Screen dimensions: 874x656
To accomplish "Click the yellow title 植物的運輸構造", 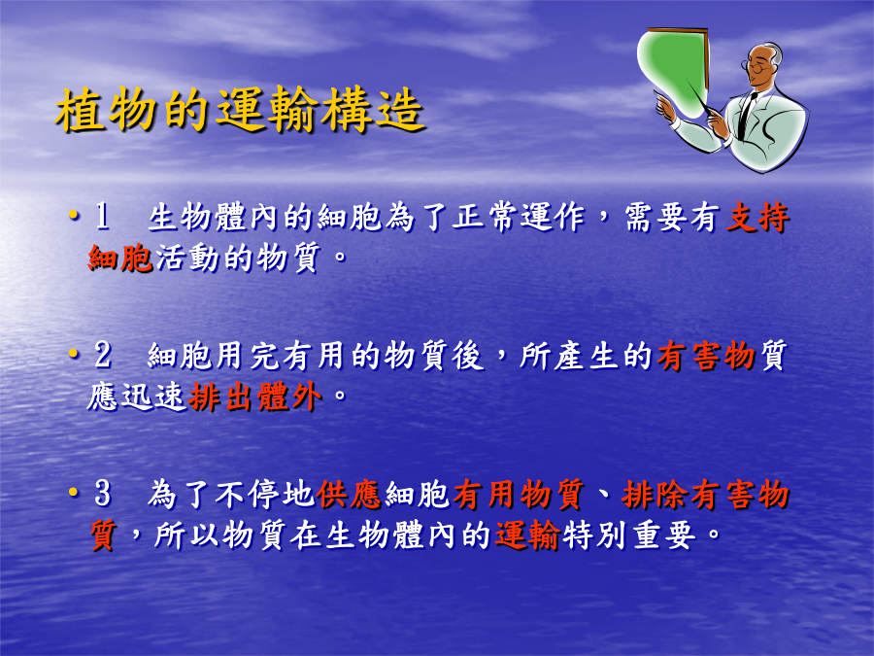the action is click(241, 109).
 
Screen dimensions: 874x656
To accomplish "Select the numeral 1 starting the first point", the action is click(102, 216).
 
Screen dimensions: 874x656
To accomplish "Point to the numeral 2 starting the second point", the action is click(103, 355).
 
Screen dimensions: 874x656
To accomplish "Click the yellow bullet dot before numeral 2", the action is click(73, 354).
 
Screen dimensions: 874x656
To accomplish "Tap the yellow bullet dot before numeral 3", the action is click(73, 492).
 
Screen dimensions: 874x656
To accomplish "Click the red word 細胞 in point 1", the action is click(120, 258).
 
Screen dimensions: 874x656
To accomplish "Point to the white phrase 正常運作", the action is click(519, 217).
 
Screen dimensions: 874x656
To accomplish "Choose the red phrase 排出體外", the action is click(255, 397).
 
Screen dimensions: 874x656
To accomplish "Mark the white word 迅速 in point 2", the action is click(152, 397).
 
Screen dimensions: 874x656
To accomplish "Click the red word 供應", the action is click(349, 495).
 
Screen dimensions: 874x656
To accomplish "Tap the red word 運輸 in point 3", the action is click(527, 535).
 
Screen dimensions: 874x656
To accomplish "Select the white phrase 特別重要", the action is click(629, 535).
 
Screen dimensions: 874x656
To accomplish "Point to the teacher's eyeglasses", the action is click(756, 68).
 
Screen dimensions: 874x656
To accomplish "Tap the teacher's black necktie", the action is click(745, 116).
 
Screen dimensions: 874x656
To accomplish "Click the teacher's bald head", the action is click(767, 53).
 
